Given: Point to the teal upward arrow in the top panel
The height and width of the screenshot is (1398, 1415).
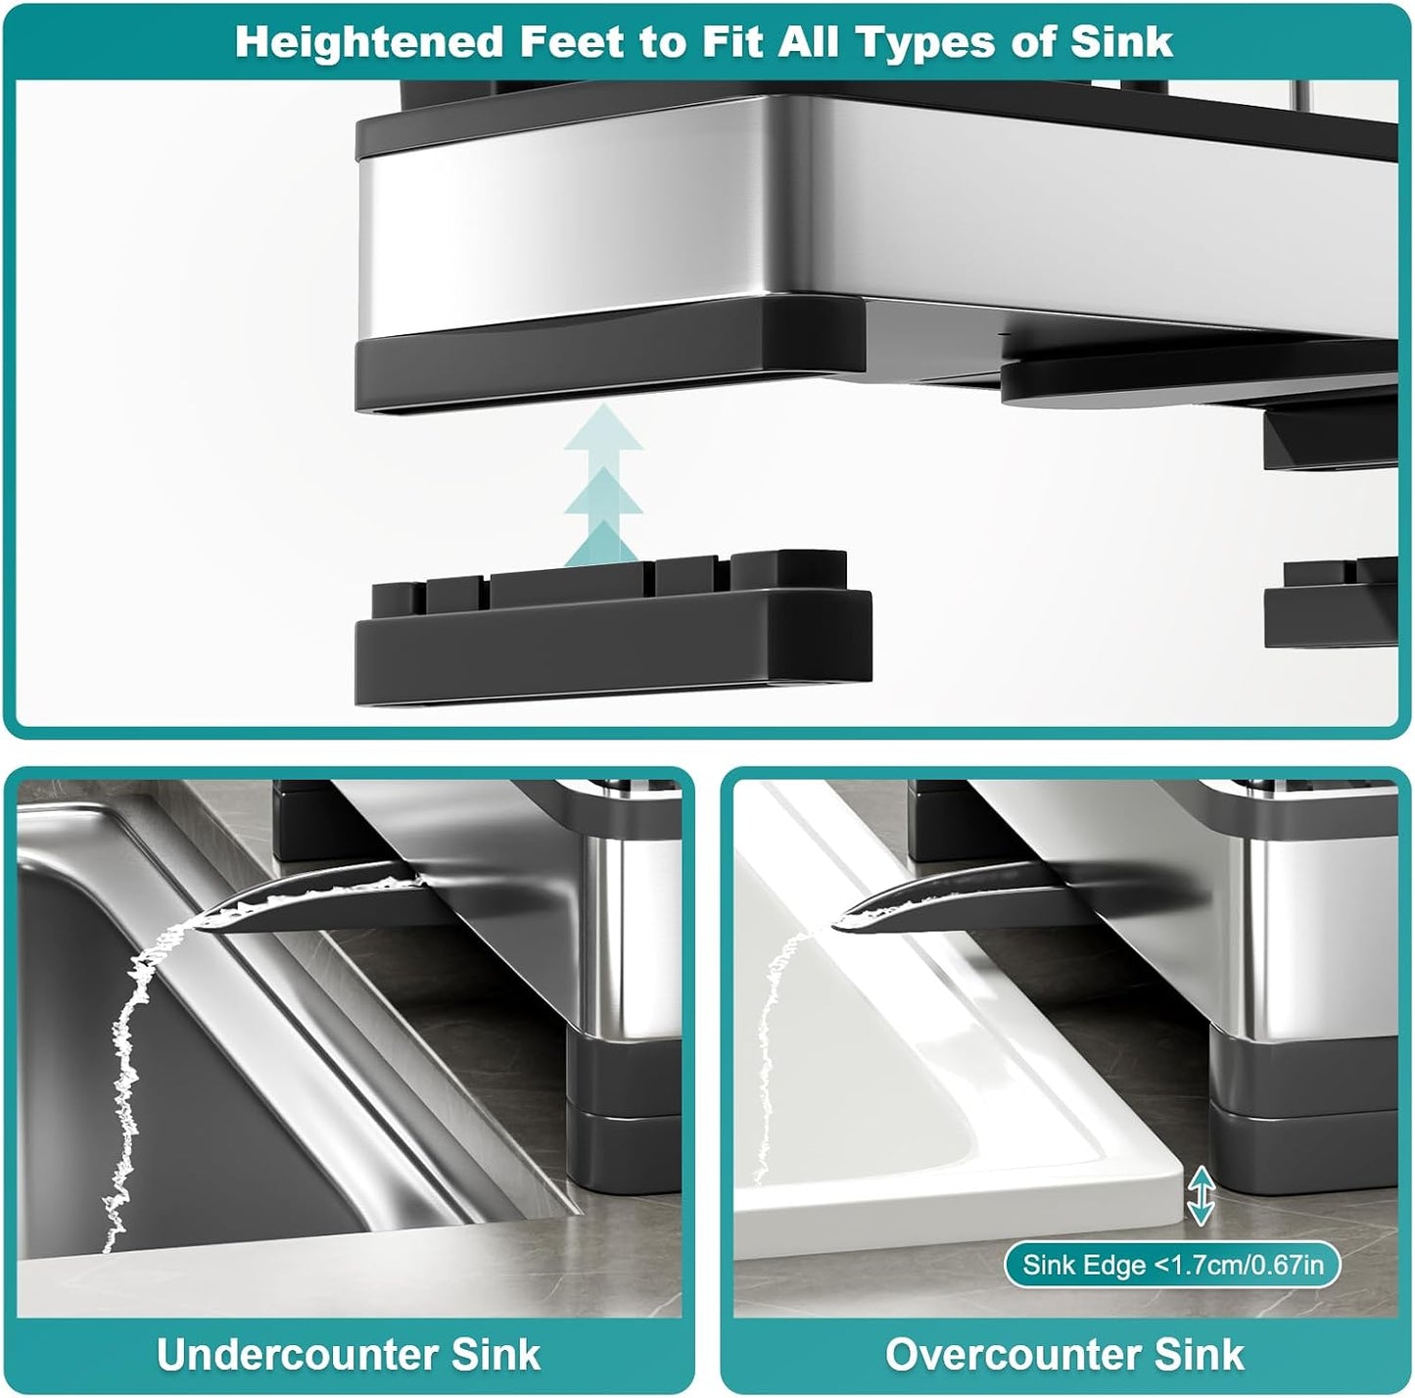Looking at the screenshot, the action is pos(603,485).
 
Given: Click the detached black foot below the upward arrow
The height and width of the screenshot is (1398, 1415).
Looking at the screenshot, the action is pos(613,628).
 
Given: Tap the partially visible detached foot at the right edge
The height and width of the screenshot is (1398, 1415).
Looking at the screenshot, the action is pos(1331,603).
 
